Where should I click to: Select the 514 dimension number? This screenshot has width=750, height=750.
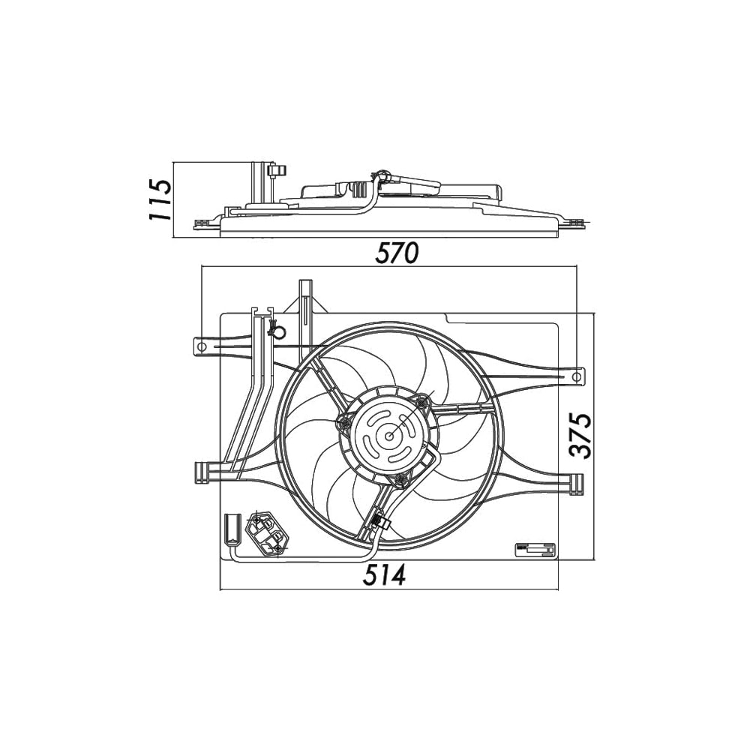(x=385, y=575)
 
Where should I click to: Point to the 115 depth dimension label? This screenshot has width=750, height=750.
(x=160, y=199)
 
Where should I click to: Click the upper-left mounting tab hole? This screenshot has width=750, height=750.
(x=200, y=346)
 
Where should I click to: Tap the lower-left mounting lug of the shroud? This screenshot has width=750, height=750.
(x=202, y=472)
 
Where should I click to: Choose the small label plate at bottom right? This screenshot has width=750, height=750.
(x=535, y=550)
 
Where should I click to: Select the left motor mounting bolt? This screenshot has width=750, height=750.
(x=346, y=424)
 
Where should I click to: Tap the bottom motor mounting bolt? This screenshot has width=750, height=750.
(x=401, y=478)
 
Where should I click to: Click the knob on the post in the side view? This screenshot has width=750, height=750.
(x=275, y=172)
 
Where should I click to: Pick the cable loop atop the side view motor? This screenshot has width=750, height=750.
(x=382, y=175)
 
